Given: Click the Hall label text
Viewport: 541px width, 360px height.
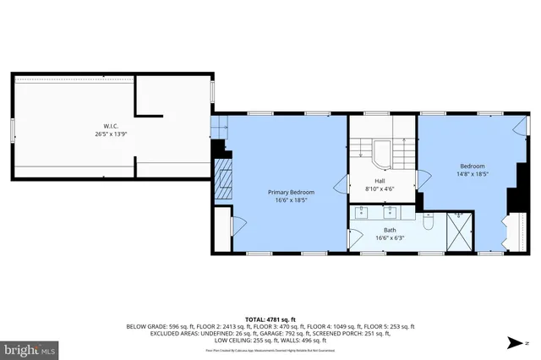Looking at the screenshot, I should [382, 182].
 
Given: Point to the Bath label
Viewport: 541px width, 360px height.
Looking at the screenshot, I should [389, 231].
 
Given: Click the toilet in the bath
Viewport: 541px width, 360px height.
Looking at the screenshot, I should [428, 225].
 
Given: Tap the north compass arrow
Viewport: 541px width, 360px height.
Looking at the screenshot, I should [514, 342].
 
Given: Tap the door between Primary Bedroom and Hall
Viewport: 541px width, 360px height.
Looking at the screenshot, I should [344, 184].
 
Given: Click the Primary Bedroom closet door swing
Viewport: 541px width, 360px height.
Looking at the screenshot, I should [238, 224].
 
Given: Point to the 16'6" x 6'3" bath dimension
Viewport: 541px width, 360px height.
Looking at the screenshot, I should [389, 238].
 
